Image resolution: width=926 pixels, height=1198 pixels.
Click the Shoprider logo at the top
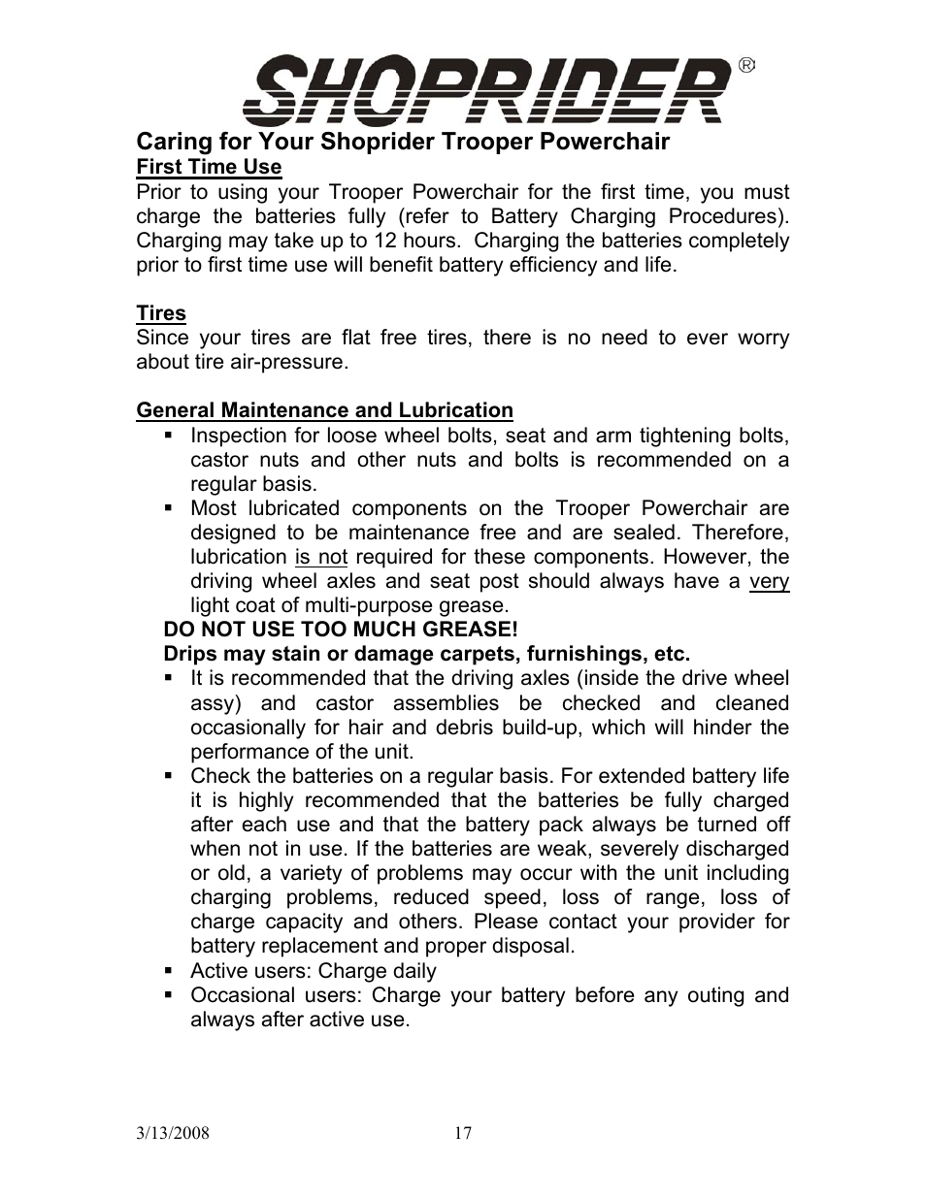coord(485,89)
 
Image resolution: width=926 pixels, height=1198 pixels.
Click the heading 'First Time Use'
coord(209,167)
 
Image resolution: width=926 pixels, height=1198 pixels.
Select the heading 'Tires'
coord(161,313)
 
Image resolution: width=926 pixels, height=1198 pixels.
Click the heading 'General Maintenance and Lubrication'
coord(324,410)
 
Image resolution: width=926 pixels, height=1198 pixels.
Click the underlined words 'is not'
coord(320,557)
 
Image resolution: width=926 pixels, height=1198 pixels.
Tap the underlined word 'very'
coord(769,581)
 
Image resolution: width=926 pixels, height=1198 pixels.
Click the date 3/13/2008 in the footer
coord(173,1133)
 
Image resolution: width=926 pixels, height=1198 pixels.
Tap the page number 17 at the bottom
coord(463,1133)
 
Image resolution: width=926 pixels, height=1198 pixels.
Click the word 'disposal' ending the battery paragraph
coord(531,946)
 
